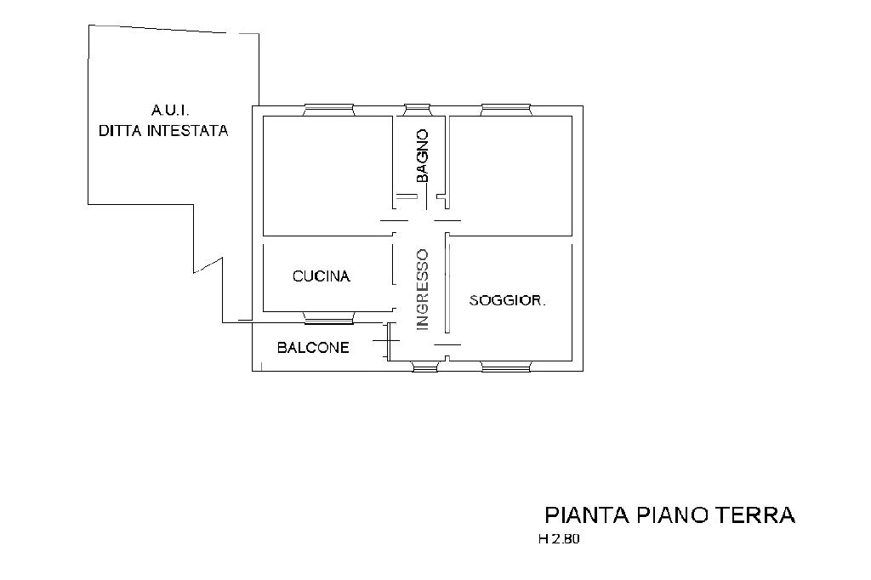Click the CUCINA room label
click(x=321, y=276)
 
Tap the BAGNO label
click(x=422, y=156)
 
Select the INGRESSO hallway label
click(x=423, y=290)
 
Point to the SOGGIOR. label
click(x=507, y=300)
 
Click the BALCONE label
click(x=313, y=348)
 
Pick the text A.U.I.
click(x=170, y=110)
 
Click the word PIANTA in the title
click(x=587, y=515)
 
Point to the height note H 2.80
click(x=559, y=539)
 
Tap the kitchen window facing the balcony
click(x=328, y=317)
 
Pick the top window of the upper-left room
click(x=328, y=110)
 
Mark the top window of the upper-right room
click(x=505, y=110)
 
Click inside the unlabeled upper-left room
click(x=327, y=175)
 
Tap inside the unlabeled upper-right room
click(x=510, y=175)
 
